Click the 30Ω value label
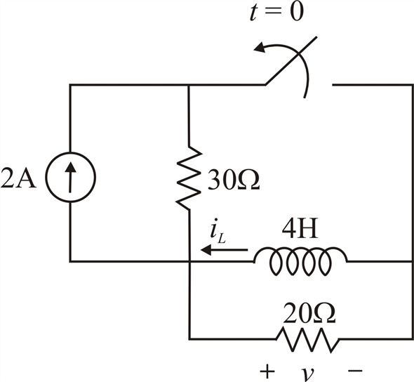click(x=232, y=180)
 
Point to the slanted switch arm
click(x=289, y=70)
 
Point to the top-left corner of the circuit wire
click(x=70, y=85)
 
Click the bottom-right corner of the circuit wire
click(x=410, y=339)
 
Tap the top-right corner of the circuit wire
click(x=410, y=85)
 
